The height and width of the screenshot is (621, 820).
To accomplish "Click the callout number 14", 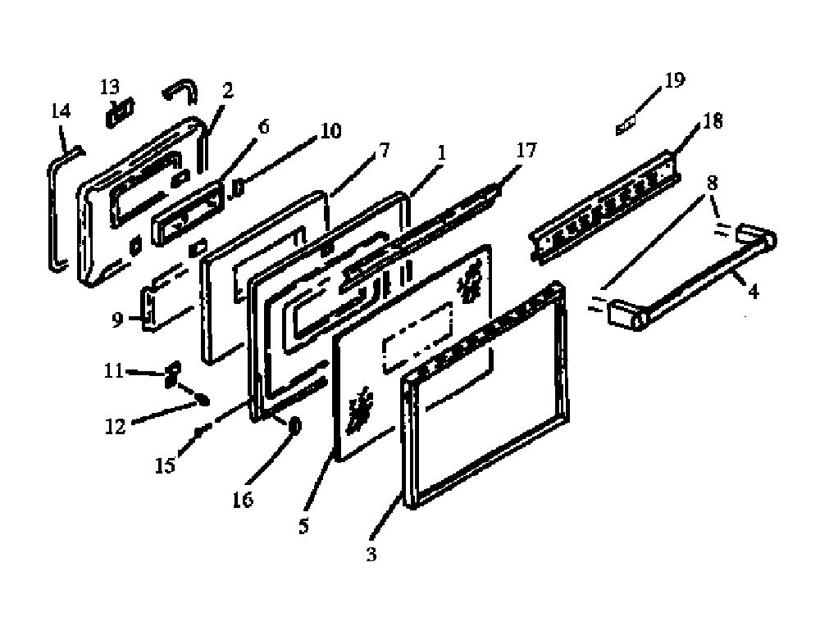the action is point(61,111).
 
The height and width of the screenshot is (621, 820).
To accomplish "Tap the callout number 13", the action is point(110,86).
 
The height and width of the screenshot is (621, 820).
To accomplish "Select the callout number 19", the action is point(674,80).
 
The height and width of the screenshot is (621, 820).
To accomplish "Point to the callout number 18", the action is point(713,121).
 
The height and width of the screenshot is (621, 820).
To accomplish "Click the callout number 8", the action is point(712,183).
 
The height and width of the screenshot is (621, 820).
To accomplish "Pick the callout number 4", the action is point(753,291).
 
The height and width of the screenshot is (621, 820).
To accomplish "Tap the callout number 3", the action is point(371,554).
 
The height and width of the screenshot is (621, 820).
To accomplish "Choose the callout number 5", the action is point(304,526).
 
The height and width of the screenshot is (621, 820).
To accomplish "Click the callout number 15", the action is point(166,465).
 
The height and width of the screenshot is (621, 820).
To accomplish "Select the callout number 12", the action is point(116,427).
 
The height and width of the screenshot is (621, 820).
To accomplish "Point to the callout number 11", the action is point(113,371).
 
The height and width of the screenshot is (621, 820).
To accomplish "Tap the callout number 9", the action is point(117,320).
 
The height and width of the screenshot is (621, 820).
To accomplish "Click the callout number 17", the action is point(526,151).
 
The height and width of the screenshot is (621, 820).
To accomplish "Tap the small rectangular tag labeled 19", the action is point(626,126).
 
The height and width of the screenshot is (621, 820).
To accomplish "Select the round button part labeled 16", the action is point(294,426).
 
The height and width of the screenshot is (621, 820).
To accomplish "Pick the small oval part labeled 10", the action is point(236,188).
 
